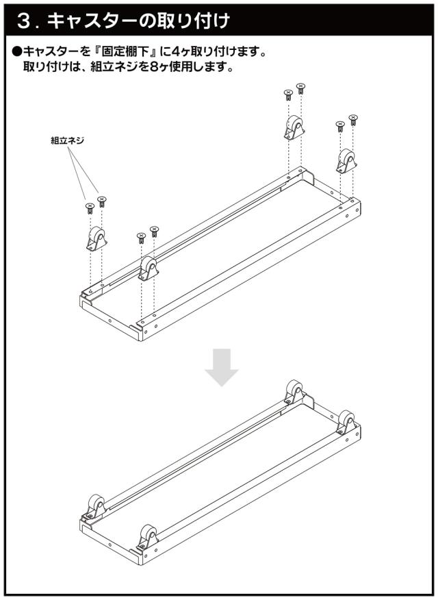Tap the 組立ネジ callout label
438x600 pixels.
point(67,140)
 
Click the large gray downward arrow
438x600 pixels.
point(222,367)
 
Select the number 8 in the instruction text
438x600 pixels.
point(154,67)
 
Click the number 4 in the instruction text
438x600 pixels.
point(172,51)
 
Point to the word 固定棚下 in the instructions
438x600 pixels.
point(126,51)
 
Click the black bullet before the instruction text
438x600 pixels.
point(17,51)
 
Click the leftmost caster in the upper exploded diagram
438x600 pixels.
point(96,239)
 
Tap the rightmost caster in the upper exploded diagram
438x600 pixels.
point(346,161)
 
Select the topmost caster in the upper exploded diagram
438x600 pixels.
point(294,127)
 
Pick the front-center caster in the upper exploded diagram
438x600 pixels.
point(149,268)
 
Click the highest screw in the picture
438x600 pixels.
point(301,88)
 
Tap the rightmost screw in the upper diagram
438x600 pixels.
point(353,120)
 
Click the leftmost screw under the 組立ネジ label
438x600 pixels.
point(90,208)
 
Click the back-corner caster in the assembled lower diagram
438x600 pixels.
point(295,392)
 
